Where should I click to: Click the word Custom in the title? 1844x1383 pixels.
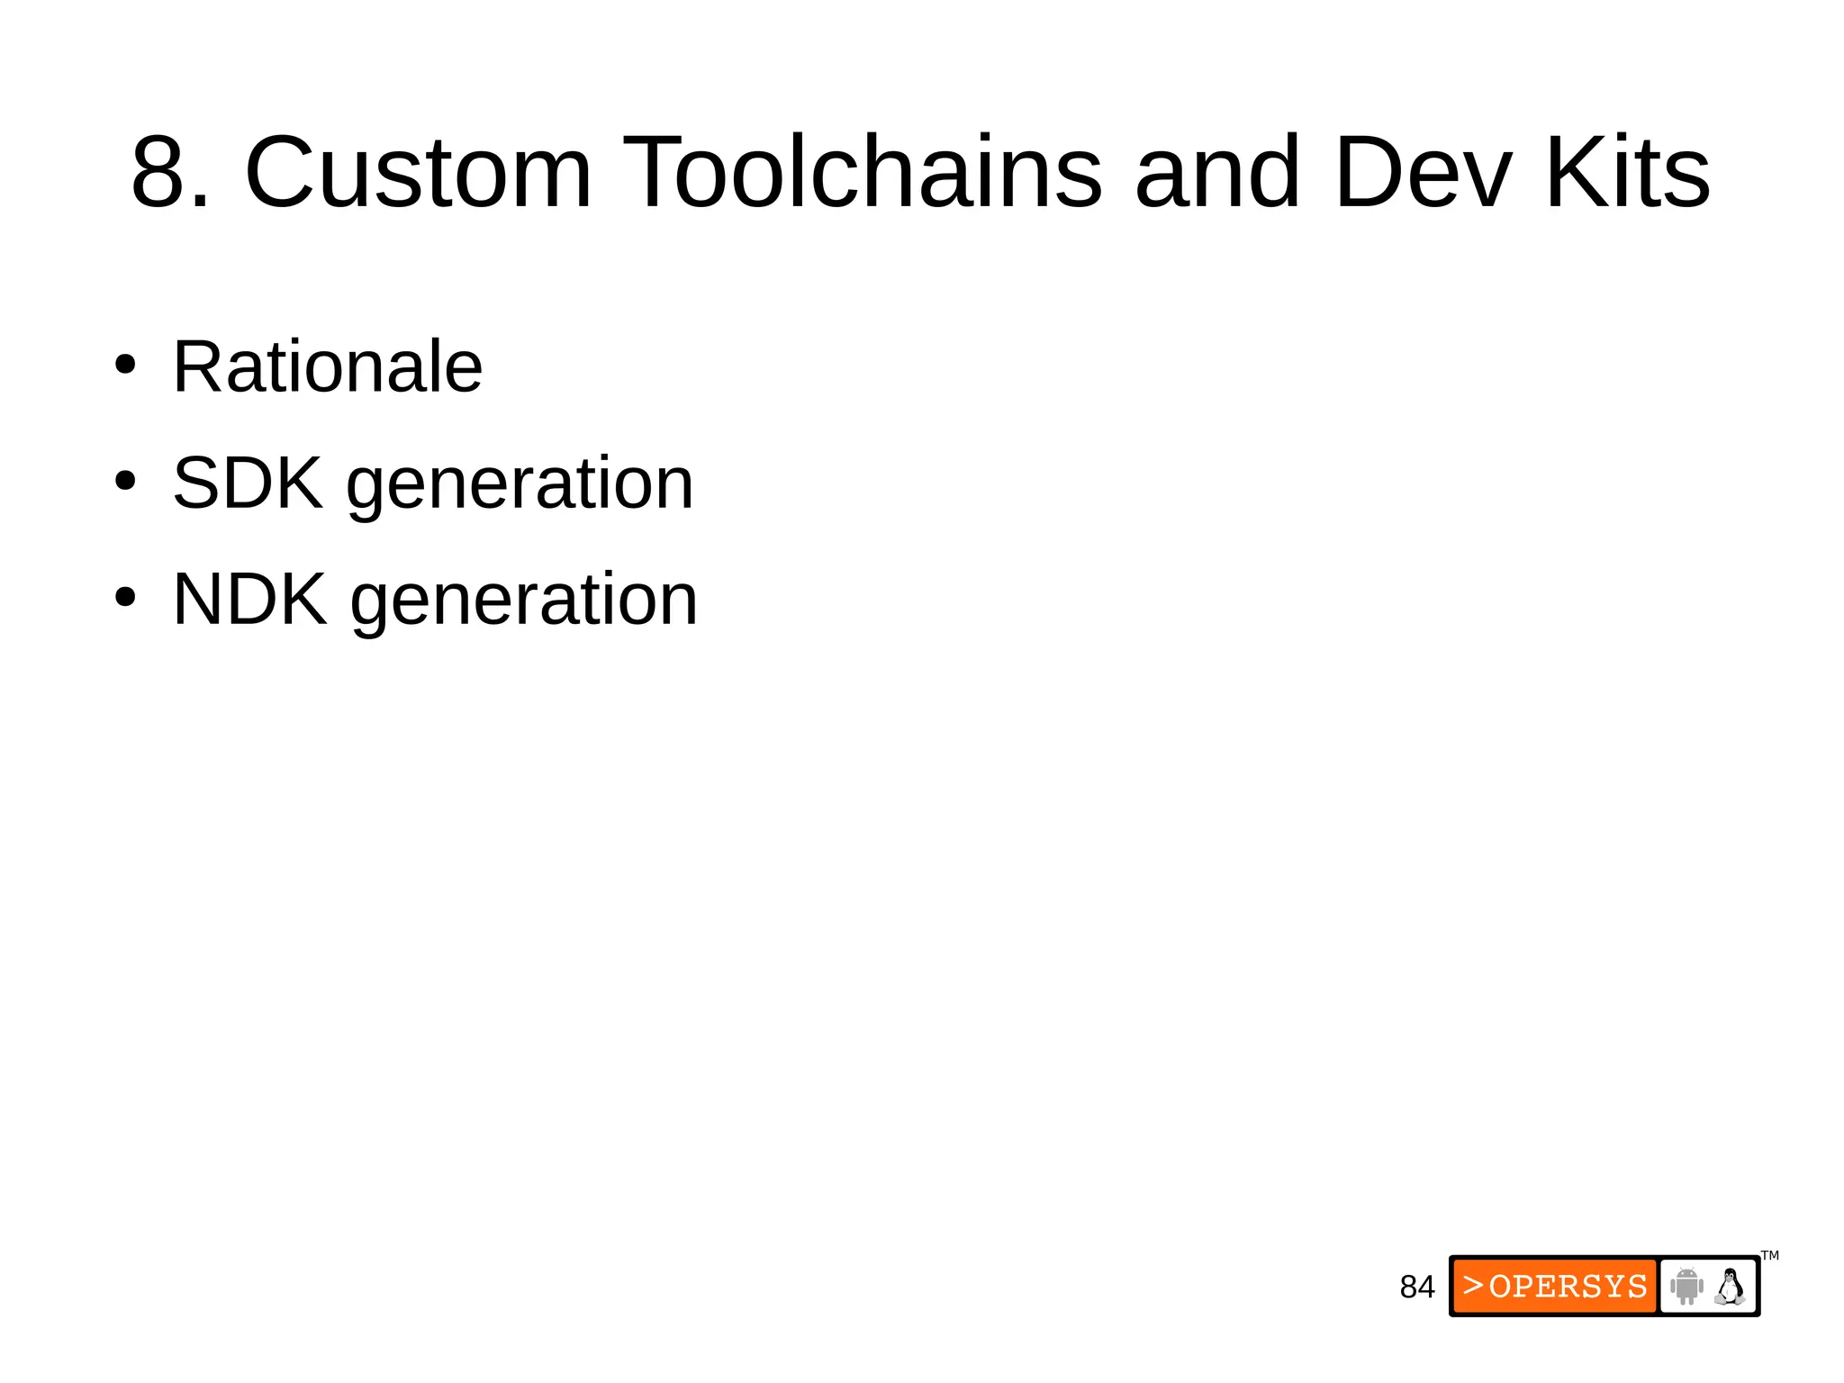pyautogui.click(x=419, y=172)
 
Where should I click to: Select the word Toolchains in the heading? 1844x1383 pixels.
pyautogui.click(x=862, y=172)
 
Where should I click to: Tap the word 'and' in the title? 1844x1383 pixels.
pyautogui.click(x=1217, y=172)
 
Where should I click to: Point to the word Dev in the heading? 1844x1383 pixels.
pyautogui.click(x=1423, y=172)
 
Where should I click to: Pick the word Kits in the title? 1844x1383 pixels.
pyautogui.click(x=1628, y=172)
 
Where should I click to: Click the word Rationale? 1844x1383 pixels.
pyautogui.click(x=328, y=366)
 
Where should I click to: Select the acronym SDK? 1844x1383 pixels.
pyautogui.click(x=248, y=484)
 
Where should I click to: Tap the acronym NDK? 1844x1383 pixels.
pyautogui.click(x=249, y=599)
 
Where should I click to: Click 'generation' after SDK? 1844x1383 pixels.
pyautogui.click(x=520, y=486)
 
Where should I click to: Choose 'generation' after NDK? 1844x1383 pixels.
pyautogui.click(x=524, y=601)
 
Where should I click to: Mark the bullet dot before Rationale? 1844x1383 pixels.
pyautogui.click(x=125, y=366)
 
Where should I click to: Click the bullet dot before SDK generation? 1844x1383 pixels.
pyautogui.click(x=125, y=482)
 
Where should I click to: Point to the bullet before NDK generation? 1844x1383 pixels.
pyautogui.click(x=125, y=597)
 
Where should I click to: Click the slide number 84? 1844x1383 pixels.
pyautogui.click(x=1416, y=1288)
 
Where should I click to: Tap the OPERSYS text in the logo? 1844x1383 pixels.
pyautogui.click(x=1568, y=1287)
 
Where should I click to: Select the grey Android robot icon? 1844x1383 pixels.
pyautogui.click(x=1686, y=1286)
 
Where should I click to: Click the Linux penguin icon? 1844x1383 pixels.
pyautogui.click(x=1729, y=1286)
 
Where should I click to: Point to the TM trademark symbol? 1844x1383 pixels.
pyautogui.click(x=1769, y=1255)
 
